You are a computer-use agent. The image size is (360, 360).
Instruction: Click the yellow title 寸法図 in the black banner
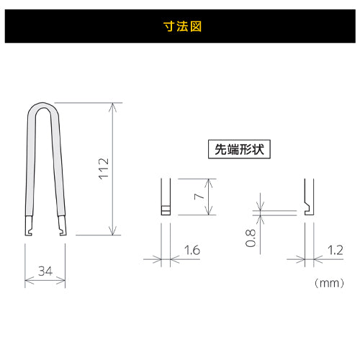(180, 27)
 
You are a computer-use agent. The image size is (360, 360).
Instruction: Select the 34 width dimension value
(45, 271)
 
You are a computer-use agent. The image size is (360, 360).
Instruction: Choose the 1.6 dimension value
(191, 251)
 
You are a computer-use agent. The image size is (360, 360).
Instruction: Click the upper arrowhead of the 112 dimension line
(112, 107)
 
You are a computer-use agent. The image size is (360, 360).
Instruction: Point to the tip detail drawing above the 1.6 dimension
(165, 197)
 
